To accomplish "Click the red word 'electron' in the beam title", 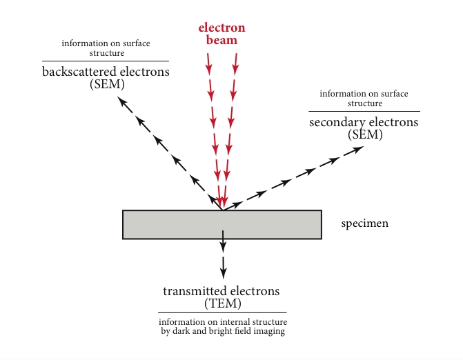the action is (221, 28).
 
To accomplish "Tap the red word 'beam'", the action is (221, 40).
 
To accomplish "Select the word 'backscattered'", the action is (79, 72).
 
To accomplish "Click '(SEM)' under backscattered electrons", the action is (107, 84).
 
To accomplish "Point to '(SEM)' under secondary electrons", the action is (365, 134).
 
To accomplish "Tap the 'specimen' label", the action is (364, 223).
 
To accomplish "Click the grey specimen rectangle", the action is (222, 225).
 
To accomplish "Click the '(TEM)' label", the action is (223, 303).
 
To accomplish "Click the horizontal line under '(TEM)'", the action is (222, 312).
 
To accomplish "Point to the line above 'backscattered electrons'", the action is (106, 61).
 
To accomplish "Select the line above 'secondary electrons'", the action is (364, 111).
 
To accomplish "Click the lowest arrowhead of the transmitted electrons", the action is (224, 274).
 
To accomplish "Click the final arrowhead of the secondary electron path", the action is (358, 149).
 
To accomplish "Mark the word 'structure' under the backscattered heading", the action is (107, 53).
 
